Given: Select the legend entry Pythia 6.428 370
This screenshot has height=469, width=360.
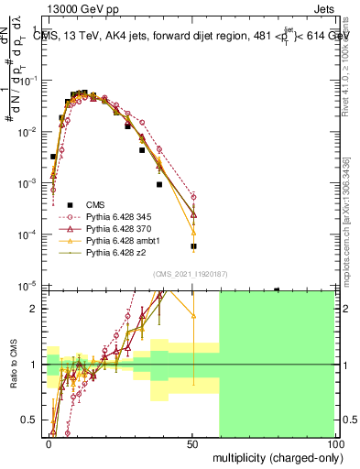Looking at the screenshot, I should pyautogui.click(x=115, y=228).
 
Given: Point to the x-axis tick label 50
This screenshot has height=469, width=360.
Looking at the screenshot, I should pyautogui.click(x=192, y=443).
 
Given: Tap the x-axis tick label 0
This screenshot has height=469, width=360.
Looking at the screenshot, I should pyautogui.click(x=49, y=443).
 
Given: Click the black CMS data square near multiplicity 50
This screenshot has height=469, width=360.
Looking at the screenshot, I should pyautogui.click(x=193, y=246).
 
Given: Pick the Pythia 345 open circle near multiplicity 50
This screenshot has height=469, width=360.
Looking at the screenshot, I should pyautogui.click(x=193, y=196).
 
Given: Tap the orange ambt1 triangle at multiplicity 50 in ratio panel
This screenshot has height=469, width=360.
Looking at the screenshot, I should pyautogui.click(x=193, y=316).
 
